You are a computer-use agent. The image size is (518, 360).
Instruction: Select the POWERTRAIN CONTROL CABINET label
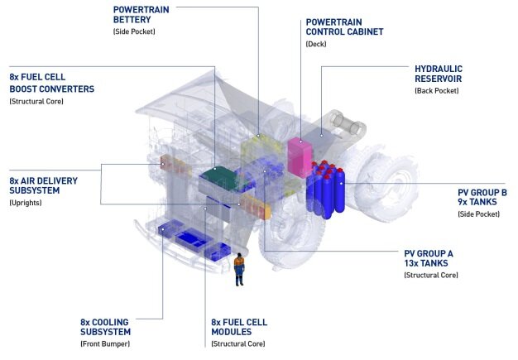pyautogui.click(x=345, y=26)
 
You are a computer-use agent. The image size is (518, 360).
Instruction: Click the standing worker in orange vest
pyautogui.click(x=239, y=268)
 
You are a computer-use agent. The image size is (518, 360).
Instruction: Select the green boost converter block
pyautogui.click(x=217, y=176)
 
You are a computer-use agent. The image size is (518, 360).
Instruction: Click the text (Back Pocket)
pyautogui.click(x=439, y=89)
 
